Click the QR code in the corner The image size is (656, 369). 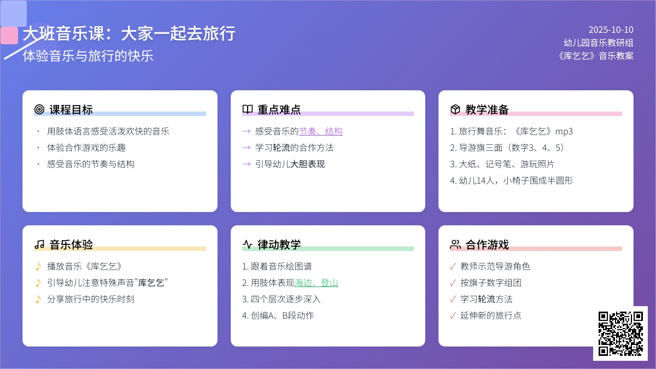pyautogui.click(x=620, y=333)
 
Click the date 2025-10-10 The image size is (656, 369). pyautogui.click(x=611, y=30)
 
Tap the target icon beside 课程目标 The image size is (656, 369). pyautogui.click(x=39, y=109)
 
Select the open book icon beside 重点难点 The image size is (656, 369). pyautogui.click(x=248, y=109)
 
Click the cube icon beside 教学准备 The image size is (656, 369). pyautogui.click(x=455, y=109)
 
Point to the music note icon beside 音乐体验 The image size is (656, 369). pyautogui.click(x=39, y=244)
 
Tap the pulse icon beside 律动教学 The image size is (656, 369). pyautogui.click(x=248, y=244)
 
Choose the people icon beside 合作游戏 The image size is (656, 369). pyautogui.click(x=455, y=244)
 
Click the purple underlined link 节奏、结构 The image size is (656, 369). pyautogui.click(x=321, y=131)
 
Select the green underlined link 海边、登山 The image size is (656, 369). pyautogui.click(x=317, y=283)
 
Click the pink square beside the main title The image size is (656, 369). pyautogui.click(x=9, y=36)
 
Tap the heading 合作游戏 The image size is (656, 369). pyautogui.click(x=487, y=244)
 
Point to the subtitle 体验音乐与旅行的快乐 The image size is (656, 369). pyautogui.click(x=88, y=56)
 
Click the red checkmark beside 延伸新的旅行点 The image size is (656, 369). pyautogui.click(x=453, y=316)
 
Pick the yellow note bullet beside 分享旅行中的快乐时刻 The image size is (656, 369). pyautogui.click(x=38, y=300)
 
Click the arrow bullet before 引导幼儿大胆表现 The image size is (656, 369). pyautogui.click(x=247, y=164)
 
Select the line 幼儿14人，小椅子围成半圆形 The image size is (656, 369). pyautogui.click(x=511, y=180)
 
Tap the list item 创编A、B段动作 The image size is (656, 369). pyautogui.click(x=278, y=316)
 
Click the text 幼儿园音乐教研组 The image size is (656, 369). pyautogui.click(x=599, y=43)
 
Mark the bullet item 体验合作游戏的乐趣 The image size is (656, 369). pyautogui.click(x=86, y=148)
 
